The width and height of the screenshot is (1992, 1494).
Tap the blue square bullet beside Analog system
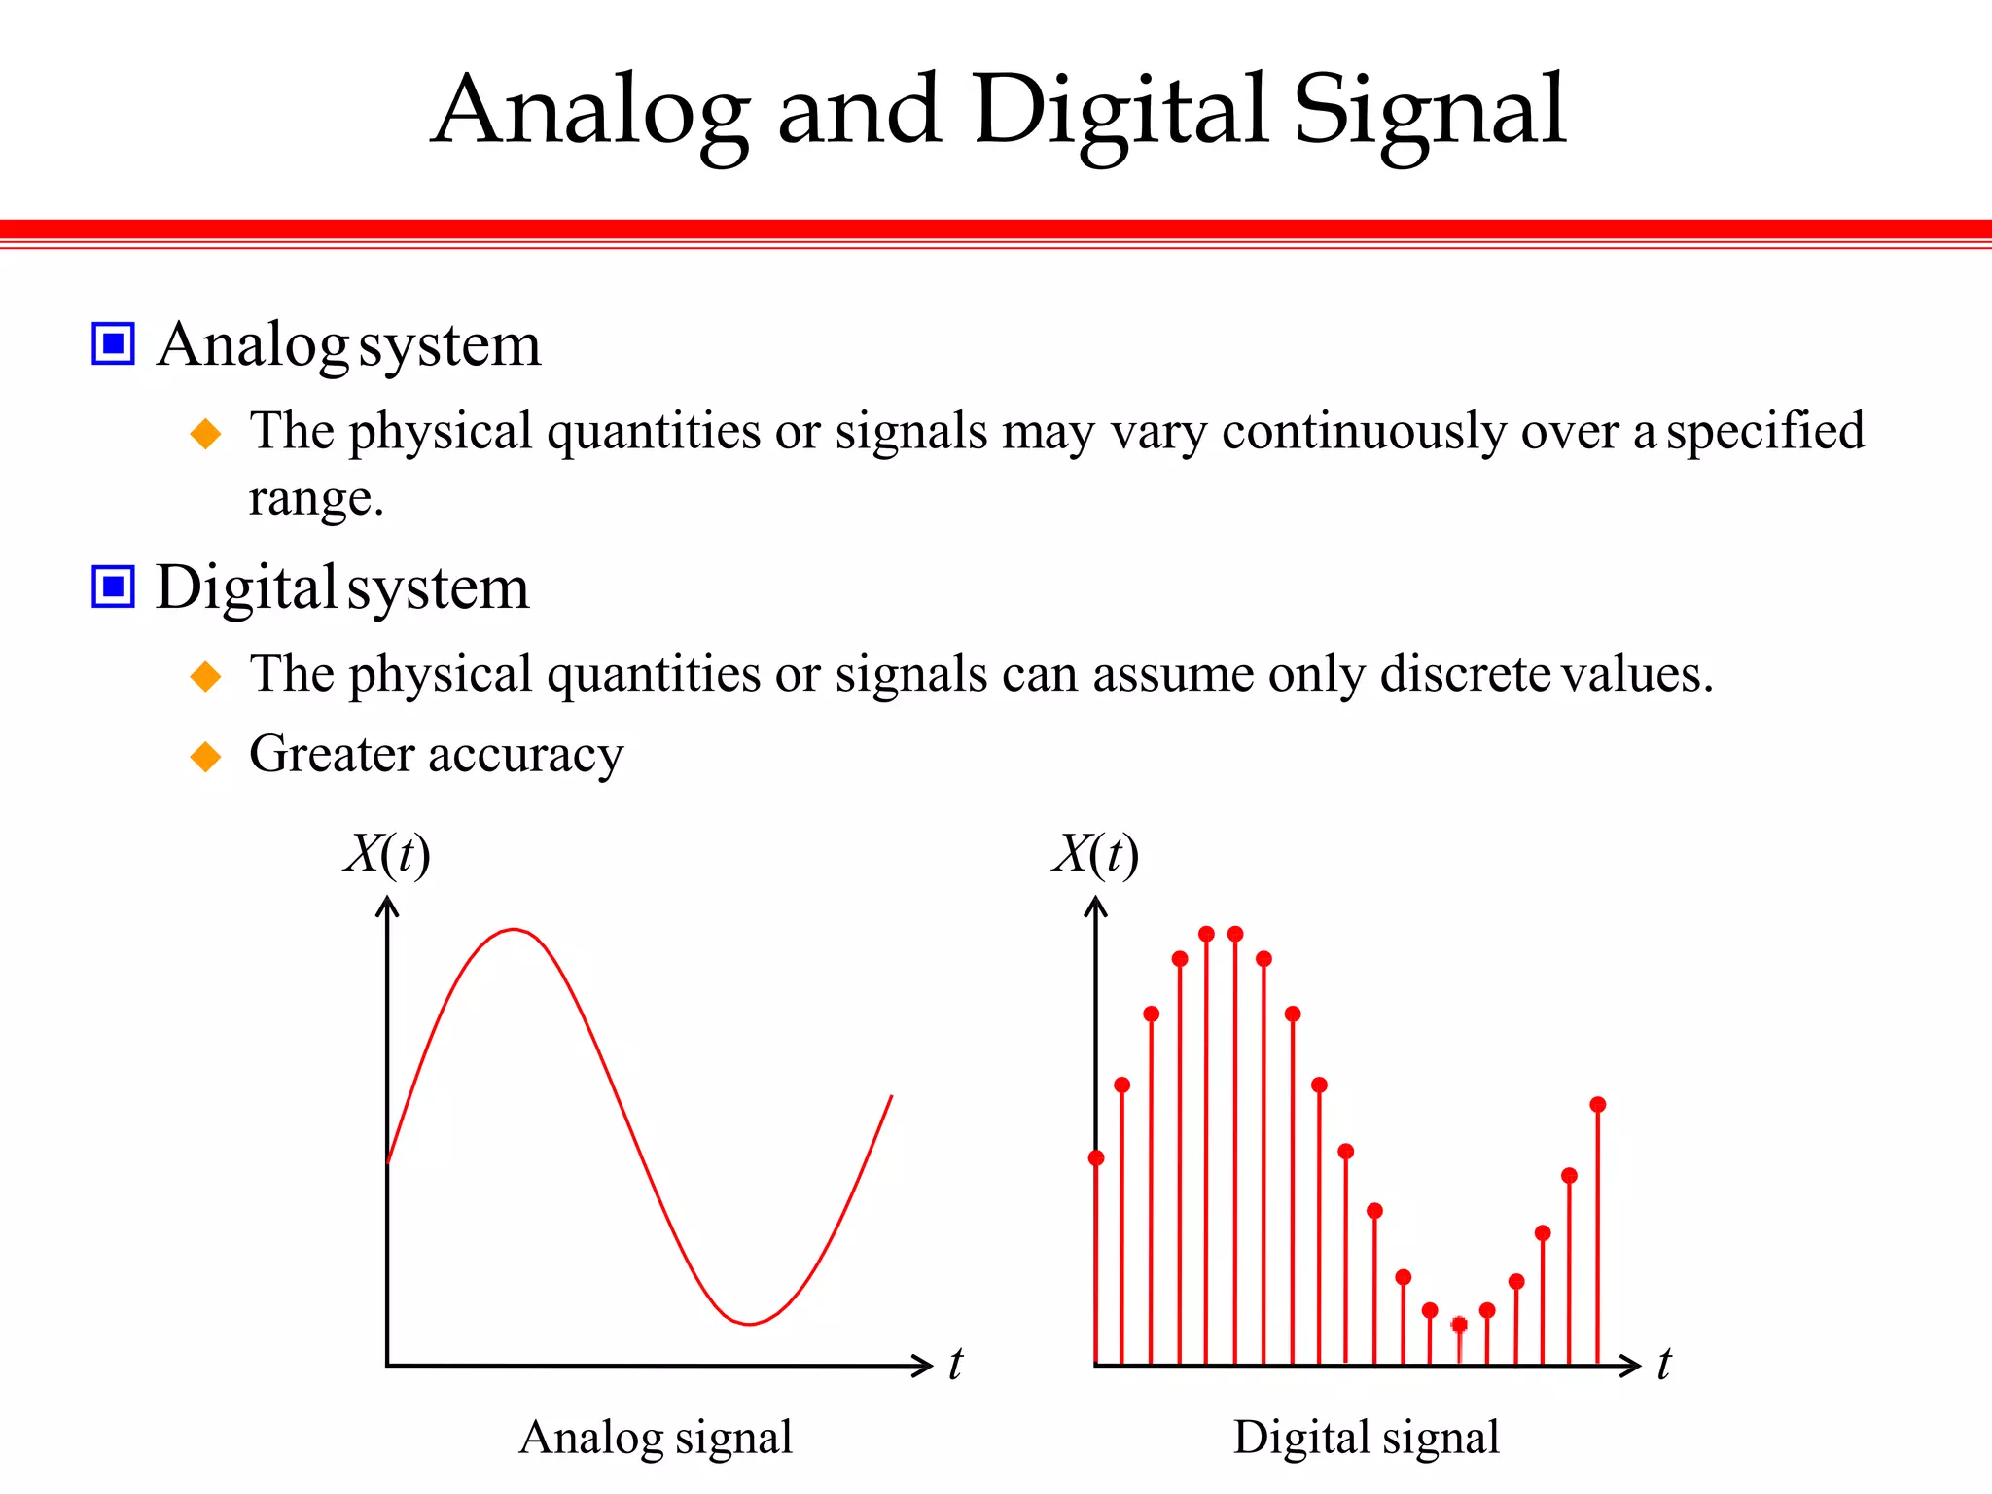coord(113,343)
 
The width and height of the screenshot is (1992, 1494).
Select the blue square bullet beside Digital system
coord(113,587)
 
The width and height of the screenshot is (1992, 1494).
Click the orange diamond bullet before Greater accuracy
coord(205,756)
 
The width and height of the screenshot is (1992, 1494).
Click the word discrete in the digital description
coord(1464,673)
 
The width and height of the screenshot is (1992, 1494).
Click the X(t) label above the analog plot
coord(387,855)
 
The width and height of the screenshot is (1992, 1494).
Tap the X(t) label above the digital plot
coord(1095,855)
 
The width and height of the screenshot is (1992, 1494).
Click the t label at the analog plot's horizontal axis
coord(955,1363)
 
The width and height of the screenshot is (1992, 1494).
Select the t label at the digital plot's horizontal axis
coord(1663,1363)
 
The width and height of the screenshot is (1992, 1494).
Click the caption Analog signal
coord(656,1437)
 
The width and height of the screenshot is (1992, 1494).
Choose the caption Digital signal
coord(1366,1437)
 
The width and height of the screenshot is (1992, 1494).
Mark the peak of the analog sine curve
coord(514,930)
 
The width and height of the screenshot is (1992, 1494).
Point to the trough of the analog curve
coord(750,1323)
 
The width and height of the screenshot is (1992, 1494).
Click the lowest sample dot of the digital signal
coord(1459,1324)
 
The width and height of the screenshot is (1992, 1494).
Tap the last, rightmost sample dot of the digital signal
coord(1598,1105)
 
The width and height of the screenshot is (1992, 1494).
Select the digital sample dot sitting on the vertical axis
coord(1096,1157)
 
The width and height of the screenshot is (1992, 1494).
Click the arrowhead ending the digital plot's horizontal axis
coord(1634,1365)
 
